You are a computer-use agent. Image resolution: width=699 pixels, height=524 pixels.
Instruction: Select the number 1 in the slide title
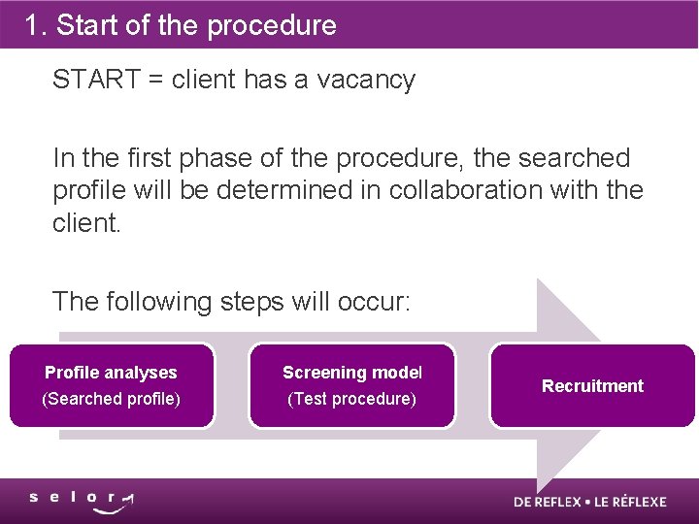(x=33, y=25)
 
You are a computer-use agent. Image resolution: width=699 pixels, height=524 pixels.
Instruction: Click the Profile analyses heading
(x=111, y=373)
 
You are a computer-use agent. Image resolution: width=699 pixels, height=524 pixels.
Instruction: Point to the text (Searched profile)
(x=111, y=399)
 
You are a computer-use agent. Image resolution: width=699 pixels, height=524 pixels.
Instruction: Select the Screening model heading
(x=352, y=373)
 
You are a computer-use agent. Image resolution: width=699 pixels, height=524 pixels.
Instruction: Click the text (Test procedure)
(x=351, y=399)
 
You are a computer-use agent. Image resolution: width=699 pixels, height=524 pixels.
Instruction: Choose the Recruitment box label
(x=592, y=386)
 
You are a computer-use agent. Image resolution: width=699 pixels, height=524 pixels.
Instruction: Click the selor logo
(x=82, y=501)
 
